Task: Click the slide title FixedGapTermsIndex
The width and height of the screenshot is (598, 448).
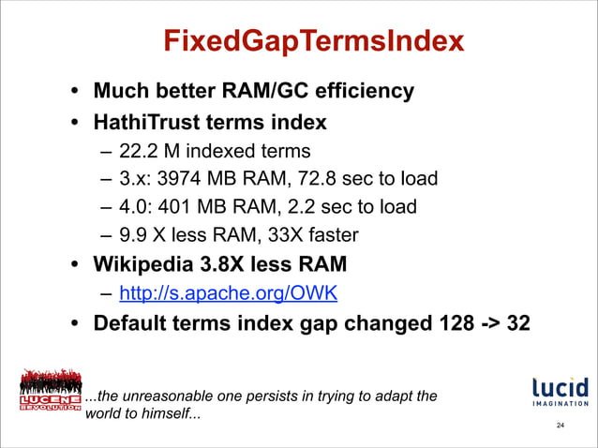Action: click(313, 41)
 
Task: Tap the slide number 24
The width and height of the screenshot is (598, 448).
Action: click(560, 426)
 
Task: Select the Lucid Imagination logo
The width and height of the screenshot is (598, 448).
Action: click(560, 393)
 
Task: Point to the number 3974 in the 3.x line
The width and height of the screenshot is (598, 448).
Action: click(184, 178)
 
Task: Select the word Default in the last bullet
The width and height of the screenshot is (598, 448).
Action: click(131, 324)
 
